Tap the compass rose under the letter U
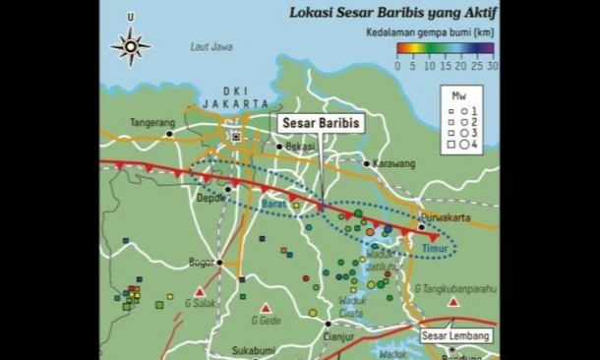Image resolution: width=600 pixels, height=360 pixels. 131,44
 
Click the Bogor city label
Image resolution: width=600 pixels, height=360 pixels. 201,262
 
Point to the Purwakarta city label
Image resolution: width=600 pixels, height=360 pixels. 443,215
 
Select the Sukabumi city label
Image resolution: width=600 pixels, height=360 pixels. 252,349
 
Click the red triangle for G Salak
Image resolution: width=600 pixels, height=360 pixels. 200,292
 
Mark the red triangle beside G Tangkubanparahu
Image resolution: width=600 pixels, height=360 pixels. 452,302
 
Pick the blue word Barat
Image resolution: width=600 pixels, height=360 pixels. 273,204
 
